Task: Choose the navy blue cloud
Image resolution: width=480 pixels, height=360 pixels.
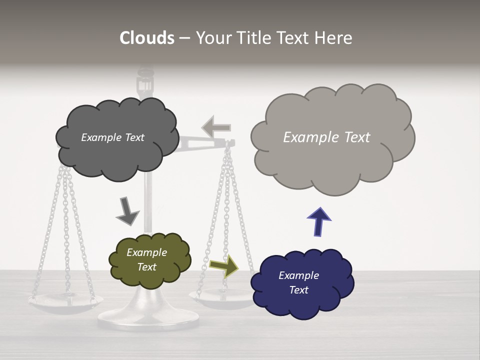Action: click(302, 300)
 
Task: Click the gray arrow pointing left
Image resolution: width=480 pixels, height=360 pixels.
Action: click(216, 127)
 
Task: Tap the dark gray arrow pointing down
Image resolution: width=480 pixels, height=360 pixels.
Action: click(127, 210)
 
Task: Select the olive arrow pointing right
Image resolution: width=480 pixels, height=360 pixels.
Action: click(224, 266)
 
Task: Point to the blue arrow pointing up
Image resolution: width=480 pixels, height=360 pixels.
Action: click(319, 221)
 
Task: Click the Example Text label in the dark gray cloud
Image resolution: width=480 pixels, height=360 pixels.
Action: click(112, 137)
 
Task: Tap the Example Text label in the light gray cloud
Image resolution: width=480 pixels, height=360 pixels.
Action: click(326, 137)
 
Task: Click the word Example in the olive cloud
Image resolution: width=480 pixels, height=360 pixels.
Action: click(146, 252)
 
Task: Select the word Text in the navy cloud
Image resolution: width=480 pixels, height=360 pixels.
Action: click(298, 290)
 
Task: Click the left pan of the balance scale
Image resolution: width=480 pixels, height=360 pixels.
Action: click(65, 302)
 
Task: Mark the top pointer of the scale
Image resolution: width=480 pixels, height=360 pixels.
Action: click(145, 82)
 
